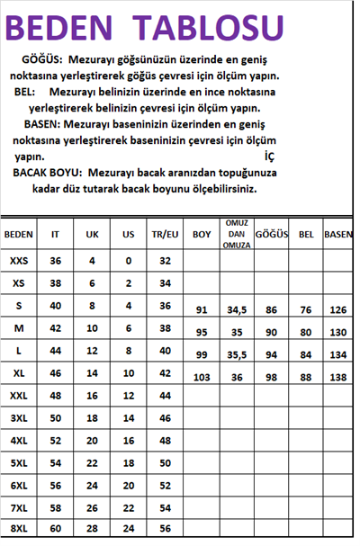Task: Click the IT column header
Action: tap(56, 235)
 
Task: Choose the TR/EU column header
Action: tap(165, 235)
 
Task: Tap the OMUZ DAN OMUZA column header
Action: tap(236, 234)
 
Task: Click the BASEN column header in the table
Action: tap(338, 235)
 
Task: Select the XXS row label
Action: tap(19, 260)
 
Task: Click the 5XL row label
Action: tap(19, 463)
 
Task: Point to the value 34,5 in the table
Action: tap(237, 309)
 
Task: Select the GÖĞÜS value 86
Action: tap(271, 309)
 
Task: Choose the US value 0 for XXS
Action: tap(128, 260)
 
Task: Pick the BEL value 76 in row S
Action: tap(306, 309)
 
